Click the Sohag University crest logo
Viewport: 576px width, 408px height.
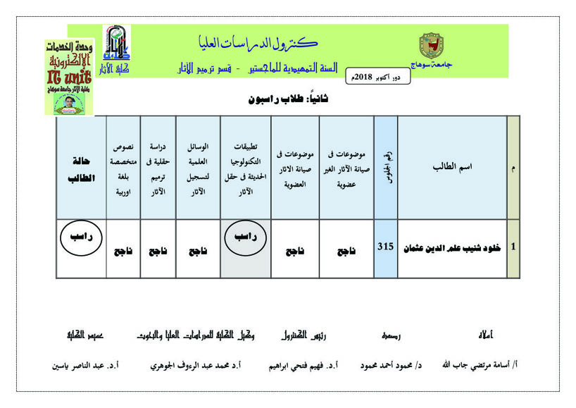432,46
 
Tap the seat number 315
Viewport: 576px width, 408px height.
385,247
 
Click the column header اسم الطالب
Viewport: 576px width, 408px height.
452,167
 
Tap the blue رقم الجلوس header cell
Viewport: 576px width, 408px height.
385,167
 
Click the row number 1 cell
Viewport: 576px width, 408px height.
513,247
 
